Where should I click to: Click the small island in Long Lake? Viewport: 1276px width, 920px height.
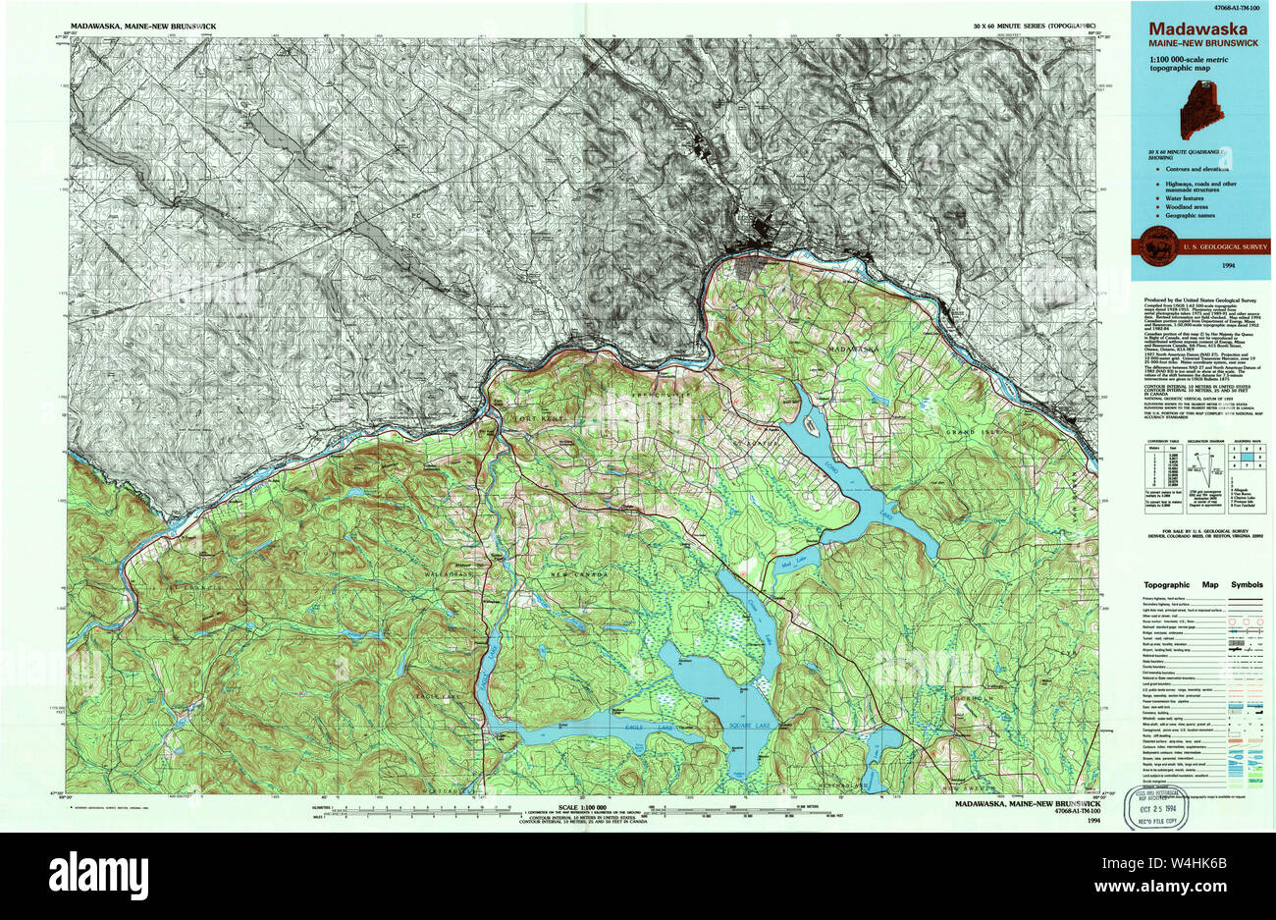click(813, 425)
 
